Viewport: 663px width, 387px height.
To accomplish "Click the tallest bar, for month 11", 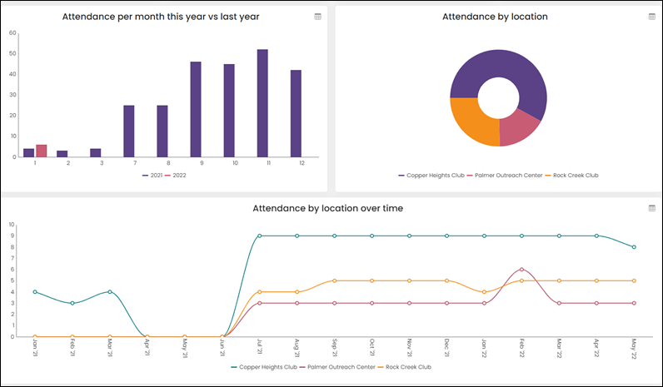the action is click(x=262, y=103).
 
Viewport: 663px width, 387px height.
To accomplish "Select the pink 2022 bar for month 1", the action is click(x=41, y=151).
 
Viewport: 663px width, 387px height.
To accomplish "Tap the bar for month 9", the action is click(x=196, y=109).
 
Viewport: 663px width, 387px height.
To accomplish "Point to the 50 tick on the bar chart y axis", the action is click(x=12, y=53).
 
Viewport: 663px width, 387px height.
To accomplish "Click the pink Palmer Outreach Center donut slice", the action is click(x=516, y=129).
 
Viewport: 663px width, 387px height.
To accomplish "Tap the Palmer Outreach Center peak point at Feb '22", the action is click(x=521, y=270).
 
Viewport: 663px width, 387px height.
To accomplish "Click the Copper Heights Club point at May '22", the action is click(x=634, y=247).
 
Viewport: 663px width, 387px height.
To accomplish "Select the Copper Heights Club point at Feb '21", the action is click(x=72, y=303).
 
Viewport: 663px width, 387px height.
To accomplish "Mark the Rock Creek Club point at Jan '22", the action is click(x=484, y=292).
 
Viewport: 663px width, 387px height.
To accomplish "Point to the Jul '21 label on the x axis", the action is click(x=260, y=345).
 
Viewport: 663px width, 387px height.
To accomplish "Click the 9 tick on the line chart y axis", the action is click(x=12, y=236).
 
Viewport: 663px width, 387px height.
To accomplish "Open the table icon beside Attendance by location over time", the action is click(x=651, y=208).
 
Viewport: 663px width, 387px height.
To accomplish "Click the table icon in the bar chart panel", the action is click(x=317, y=17).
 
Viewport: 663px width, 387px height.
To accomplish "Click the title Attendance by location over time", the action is click(x=327, y=208).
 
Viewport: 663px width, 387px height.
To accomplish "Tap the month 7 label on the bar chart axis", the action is click(x=135, y=163).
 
